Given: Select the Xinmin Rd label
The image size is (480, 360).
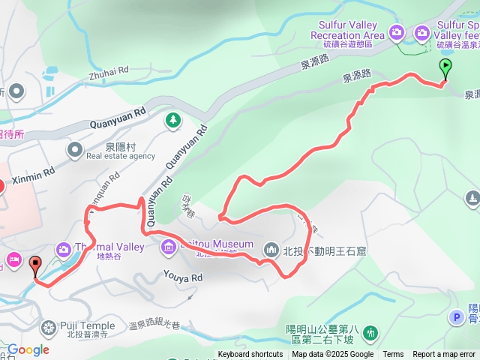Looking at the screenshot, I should click(34, 172).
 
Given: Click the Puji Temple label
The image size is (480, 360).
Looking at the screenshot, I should click(90, 326).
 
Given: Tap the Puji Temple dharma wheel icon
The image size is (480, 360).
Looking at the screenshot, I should click(49, 327).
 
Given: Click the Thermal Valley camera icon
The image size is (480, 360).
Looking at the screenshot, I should click(63, 248).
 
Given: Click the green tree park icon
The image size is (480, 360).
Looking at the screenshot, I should click(173, 119).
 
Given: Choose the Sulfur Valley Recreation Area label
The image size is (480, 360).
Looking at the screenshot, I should click(347, 30).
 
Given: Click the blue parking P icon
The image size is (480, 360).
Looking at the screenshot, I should click(456, 317).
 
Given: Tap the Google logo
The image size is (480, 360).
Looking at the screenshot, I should click(28, 349).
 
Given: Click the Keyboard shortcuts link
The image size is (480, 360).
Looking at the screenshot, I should click(250, 355).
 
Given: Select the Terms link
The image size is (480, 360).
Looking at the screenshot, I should click(393, 355).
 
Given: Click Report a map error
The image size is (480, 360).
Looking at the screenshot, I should click(445, 355).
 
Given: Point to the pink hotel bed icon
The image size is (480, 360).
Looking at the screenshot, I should click(13, 259).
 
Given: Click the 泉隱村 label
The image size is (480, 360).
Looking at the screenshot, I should click(120, 147).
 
